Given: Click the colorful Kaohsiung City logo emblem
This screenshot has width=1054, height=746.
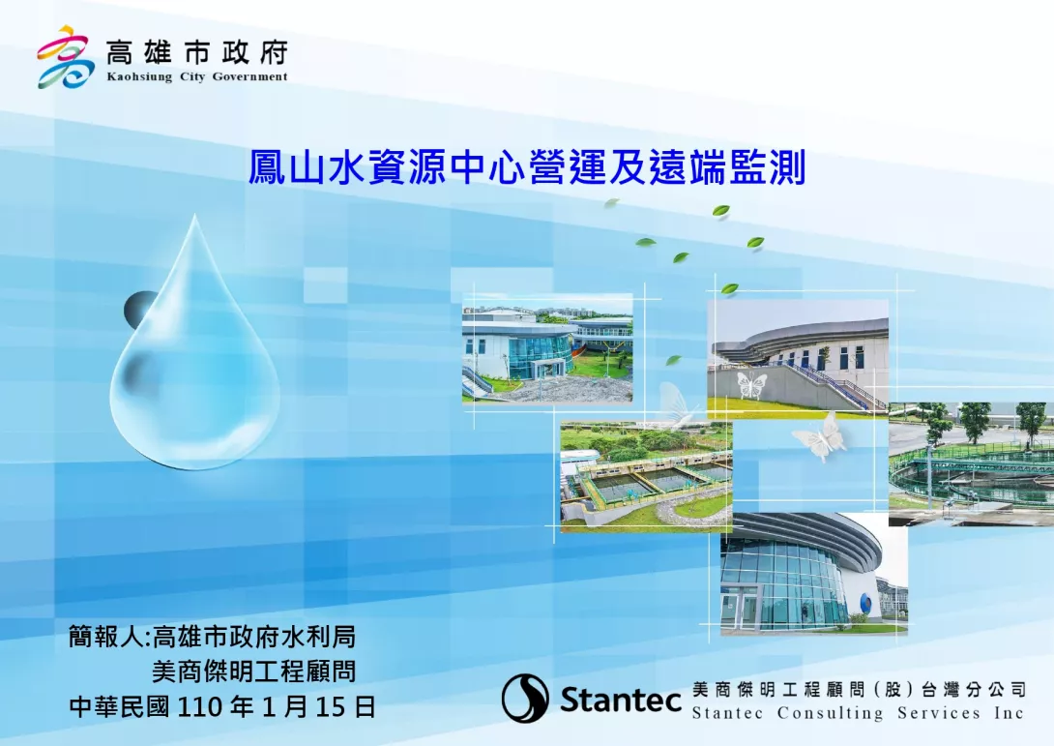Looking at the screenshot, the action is [x=65, y=57].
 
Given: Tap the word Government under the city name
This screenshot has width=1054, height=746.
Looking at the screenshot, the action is [x=250, y=76].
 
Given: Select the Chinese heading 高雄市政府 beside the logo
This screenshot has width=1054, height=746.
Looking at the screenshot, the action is [x=197, y=52].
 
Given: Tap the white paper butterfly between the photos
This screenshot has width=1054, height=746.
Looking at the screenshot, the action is [x=820, y=437].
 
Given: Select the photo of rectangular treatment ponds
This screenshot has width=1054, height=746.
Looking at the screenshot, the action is [x=646, y=477].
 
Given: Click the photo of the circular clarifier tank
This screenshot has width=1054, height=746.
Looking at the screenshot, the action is [x=971, y=464].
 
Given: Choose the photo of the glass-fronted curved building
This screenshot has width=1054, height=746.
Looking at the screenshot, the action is [x=814, y=574].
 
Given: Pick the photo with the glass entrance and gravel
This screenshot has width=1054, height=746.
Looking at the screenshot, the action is [x=547, y=347].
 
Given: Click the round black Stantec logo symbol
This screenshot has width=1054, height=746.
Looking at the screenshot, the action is [x=525, y=699].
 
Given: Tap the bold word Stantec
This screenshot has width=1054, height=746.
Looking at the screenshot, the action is [x=621, y=699].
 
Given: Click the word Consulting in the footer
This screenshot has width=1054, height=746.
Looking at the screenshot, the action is [x=830, y=713].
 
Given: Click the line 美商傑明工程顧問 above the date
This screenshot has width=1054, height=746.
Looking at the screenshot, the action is [x=253, y=671].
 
